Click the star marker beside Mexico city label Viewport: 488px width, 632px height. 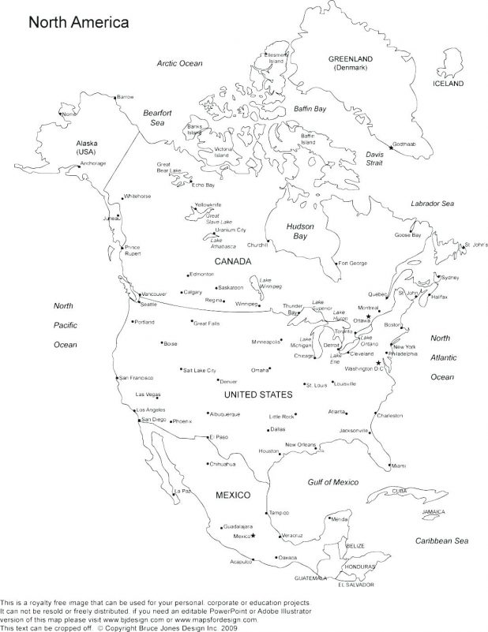253,537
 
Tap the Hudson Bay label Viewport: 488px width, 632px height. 300,231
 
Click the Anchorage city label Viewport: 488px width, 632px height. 92,164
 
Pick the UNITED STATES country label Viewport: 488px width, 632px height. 259,395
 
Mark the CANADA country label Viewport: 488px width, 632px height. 232,260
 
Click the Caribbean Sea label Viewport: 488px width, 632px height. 442,540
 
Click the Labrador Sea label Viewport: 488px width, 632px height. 433,204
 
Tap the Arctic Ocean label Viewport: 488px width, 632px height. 179,63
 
